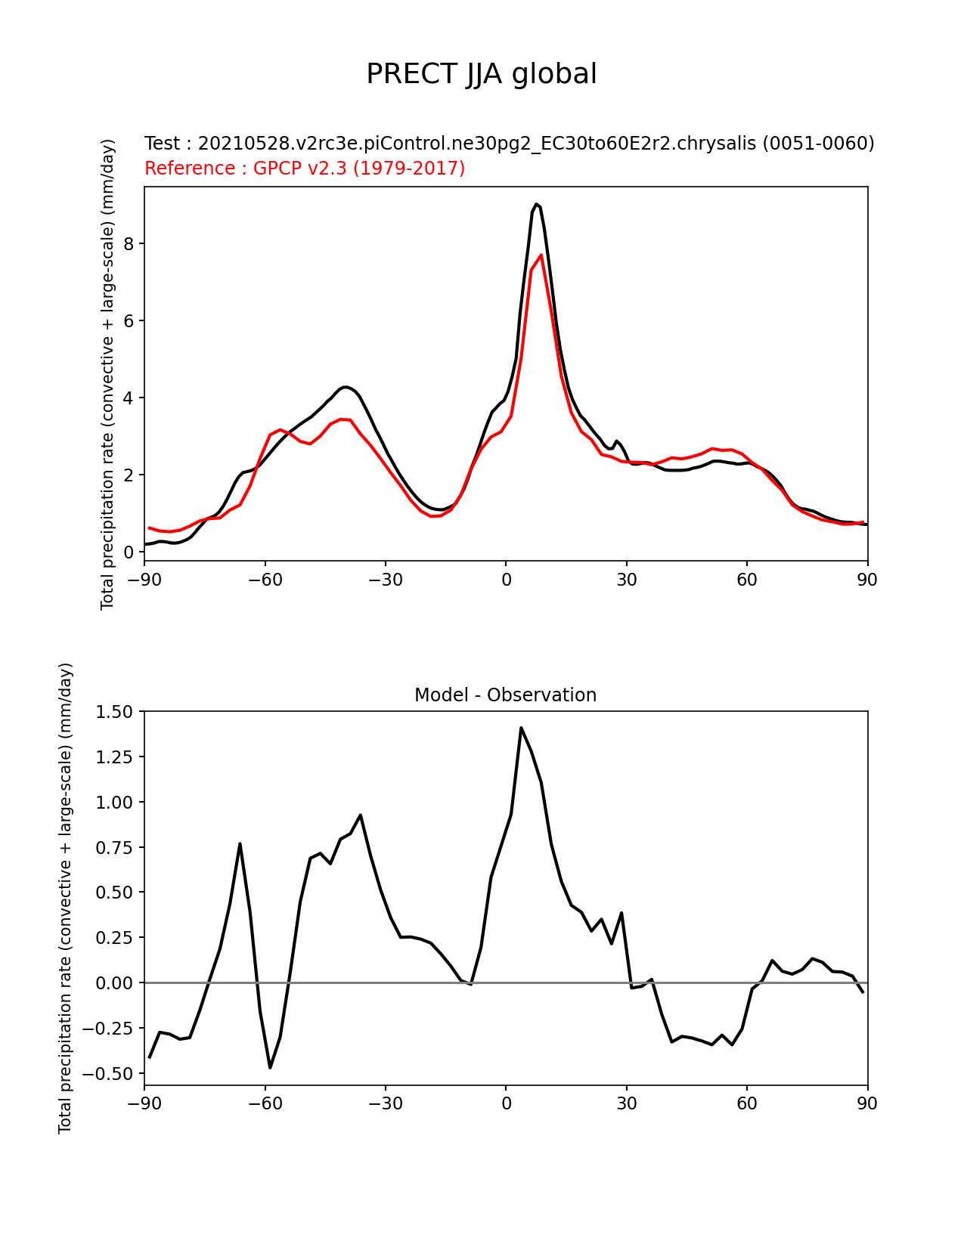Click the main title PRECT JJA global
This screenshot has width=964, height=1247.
(482, 74)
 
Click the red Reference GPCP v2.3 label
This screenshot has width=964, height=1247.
(305, 168)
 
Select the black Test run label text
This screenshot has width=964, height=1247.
(509, 143)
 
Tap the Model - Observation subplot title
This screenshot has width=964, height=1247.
(505, 695)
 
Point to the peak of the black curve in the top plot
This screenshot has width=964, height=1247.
(536, 204)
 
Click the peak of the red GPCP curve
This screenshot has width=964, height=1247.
(541, 255)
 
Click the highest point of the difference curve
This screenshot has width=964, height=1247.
(521, 728)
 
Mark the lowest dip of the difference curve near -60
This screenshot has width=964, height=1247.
(270, 1067)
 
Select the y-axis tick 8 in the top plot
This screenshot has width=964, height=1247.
(129, 243)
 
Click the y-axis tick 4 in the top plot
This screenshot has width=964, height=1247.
(129, 398)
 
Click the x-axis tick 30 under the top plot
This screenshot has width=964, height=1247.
(626, 580)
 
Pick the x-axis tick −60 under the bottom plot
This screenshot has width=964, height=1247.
(265, 1103)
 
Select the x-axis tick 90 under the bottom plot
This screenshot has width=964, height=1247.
(867, 1103)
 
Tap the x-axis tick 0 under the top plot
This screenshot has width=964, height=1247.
(506, 580)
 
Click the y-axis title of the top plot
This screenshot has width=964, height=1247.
(107, 374)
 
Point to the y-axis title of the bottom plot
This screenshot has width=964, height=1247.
(66, 898)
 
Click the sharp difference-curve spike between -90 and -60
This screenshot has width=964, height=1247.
(240, 843)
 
